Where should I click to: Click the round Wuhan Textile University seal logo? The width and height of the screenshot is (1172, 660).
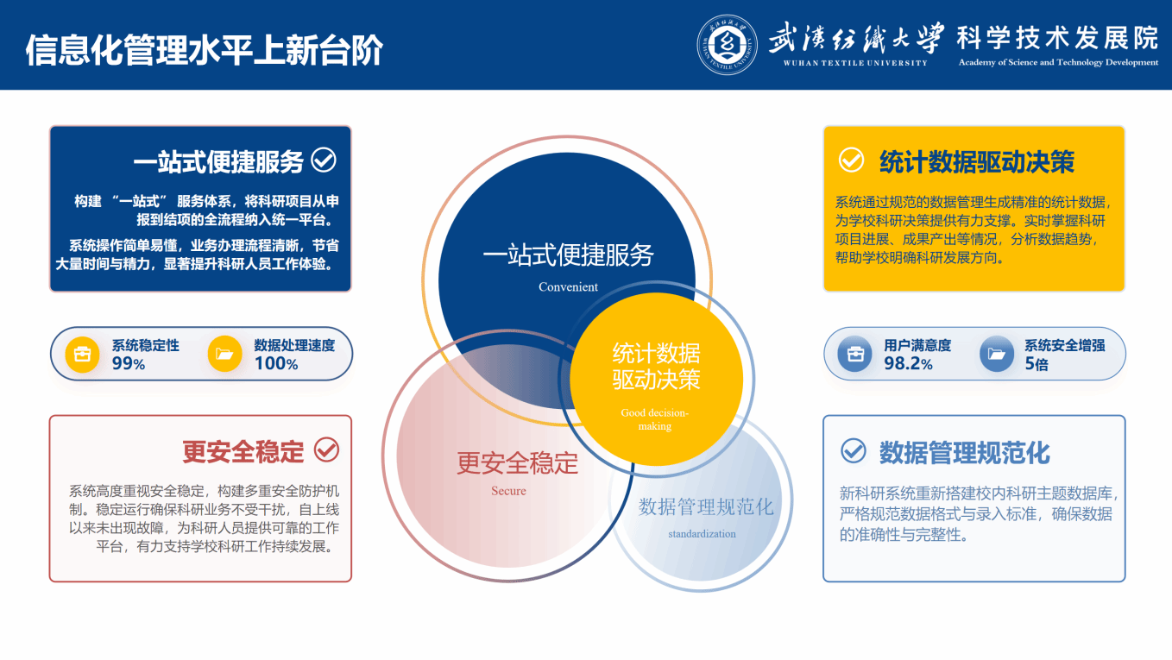pos(727,45)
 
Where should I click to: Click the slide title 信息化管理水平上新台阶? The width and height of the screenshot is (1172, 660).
pos(205,50)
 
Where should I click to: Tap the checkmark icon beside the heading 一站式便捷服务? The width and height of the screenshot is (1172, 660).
pos(324,160)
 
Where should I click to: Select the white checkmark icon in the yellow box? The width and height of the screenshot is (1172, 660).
pos(851,160)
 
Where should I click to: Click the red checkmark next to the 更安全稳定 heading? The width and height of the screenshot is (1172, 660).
pos(326,449)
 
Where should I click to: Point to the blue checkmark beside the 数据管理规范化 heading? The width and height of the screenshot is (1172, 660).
pos(854,450)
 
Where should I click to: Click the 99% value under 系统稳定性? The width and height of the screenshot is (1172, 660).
pos(129,363)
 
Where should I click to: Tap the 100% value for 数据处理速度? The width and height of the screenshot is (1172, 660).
pos(276,363)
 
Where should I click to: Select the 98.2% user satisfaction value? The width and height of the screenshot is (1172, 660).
pos(908,363)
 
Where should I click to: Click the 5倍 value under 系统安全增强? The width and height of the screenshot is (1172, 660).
pos(1037,363)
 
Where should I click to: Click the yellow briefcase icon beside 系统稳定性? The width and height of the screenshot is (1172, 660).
pos(82,354)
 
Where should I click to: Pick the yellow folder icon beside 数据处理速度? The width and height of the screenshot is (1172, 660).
pos(224,354)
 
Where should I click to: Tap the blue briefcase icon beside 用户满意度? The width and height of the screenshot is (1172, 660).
pos(855,354)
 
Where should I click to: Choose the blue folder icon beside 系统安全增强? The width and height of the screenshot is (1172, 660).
pos(996,354)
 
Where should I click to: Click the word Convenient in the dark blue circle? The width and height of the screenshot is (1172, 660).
pos(568,287)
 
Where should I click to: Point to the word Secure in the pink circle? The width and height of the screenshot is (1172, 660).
pos(508,491)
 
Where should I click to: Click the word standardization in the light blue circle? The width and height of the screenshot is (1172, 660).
pos(703,534)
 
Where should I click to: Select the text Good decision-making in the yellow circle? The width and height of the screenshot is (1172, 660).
pos(654,419)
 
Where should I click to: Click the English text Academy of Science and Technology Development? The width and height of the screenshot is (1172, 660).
pos(1058,63)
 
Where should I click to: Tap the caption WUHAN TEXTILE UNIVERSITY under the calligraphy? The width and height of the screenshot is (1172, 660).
pos(855,63)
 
